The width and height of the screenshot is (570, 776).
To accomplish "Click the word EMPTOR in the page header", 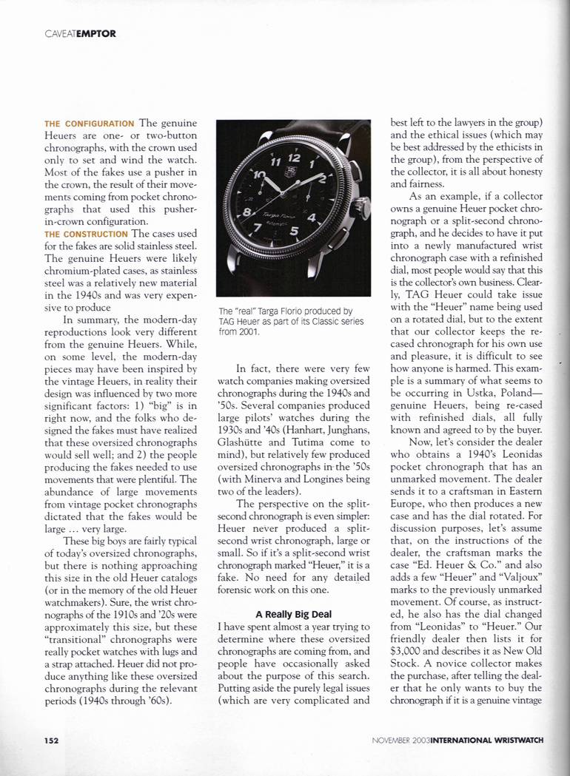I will click(95, 33).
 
